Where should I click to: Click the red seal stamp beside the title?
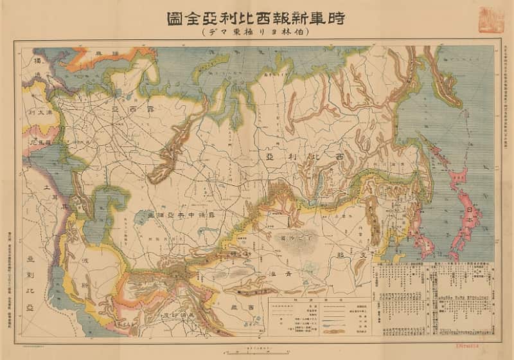[491, 20]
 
